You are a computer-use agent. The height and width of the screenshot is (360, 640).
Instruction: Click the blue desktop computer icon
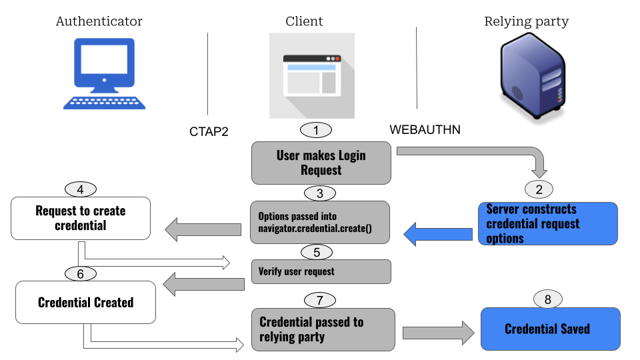point(104,73)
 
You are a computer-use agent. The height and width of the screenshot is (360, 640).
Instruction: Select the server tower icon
point(533,79)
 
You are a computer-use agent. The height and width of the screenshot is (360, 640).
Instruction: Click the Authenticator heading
point(99,21)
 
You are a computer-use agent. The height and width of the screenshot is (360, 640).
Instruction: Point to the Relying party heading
point(526,21)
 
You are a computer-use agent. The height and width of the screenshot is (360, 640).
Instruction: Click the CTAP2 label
point(209,131)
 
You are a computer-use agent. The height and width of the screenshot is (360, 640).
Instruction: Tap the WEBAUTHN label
point(425,129)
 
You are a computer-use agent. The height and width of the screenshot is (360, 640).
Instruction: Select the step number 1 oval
point(316,130)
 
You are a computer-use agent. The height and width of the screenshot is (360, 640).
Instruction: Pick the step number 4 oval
point(80,189)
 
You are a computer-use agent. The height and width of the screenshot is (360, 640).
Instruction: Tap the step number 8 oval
point(548,299)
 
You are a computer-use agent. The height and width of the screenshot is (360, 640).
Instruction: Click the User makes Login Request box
point(321,163)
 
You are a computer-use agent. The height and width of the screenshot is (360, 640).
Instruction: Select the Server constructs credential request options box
point(547,224)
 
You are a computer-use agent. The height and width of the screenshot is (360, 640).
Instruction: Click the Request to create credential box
point(80,218)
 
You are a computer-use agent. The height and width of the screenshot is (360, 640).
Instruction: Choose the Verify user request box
point(320,271)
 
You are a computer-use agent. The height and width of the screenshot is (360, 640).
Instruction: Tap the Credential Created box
point(85,303)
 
